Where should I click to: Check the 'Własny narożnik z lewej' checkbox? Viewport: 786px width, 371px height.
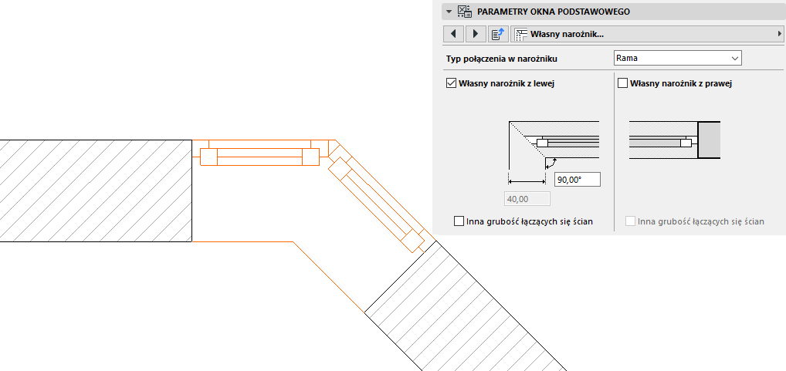(452, 83)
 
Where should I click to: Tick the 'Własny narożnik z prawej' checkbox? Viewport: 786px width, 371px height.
(623, 83)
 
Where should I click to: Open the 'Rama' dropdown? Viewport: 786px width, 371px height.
(677, 58)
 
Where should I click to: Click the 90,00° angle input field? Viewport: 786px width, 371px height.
(577, 180)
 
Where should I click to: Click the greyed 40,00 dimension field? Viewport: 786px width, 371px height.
(527, 199)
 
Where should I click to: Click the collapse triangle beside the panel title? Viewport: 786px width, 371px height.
(449, 12)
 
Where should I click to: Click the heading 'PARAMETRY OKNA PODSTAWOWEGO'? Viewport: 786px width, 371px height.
(554, 12)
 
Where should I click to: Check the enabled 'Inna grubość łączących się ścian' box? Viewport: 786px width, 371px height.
(460, 221)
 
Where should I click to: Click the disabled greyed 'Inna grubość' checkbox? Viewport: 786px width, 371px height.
(631, 221)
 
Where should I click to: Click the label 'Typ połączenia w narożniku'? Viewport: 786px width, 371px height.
(502, 59)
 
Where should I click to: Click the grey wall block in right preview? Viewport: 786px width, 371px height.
(709, 140)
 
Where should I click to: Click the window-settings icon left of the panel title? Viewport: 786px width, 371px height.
(465, 12)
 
